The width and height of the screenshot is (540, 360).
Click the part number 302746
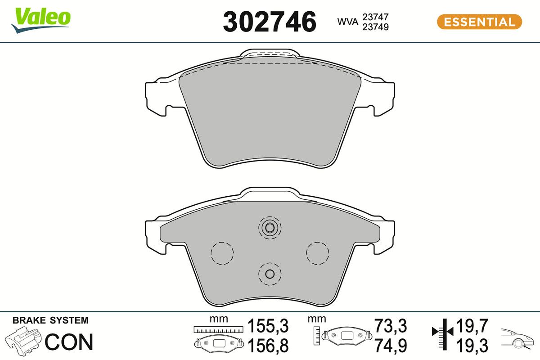[x=270, y=22]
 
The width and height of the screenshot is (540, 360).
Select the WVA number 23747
[x=375, y=17]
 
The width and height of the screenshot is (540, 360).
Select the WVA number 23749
[x=375, y=27]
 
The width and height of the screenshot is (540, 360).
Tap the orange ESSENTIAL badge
[x=479, y=22]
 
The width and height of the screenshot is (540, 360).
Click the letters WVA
[x=347, y=22]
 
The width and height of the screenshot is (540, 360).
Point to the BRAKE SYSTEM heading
[x=50, y=321]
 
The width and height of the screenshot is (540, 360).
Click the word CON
[x=69, y=342]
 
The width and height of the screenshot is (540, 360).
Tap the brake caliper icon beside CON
[x=24, y=342]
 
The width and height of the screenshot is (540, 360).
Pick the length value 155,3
[x=268, y=325]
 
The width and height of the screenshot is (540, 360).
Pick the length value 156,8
[x=268, y=346]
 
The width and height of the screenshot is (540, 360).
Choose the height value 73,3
[x=390, y=325]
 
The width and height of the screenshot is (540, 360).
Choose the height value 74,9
[x=390, y=346]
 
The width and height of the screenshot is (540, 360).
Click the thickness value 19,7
[x=472, y=325]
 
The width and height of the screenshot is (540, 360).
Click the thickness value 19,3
[x=472, y=346]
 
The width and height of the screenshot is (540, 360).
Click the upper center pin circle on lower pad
[x=270, y=228]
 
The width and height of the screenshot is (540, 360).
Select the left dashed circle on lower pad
[x=222, y=253]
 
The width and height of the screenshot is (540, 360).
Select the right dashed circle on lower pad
[x=318, y=253]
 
